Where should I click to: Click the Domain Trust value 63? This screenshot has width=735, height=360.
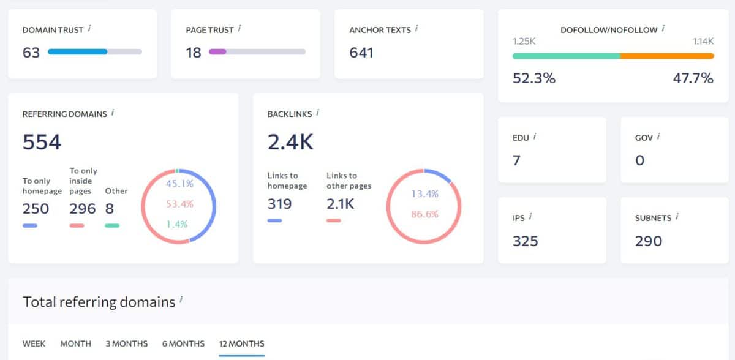point(31,53)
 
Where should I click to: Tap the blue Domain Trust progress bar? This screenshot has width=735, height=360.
point(78,52)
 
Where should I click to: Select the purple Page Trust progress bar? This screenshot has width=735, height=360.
point(217,52)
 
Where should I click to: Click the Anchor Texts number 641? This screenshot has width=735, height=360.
point(361,53)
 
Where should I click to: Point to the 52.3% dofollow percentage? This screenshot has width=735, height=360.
point(533,78)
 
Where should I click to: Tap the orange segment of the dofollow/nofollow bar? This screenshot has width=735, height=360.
point(666,56)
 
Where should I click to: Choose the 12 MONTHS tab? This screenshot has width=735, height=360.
point(241,343)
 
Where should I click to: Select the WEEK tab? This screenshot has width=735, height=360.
point(34,343)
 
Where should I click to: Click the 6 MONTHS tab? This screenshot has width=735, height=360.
point(183,343)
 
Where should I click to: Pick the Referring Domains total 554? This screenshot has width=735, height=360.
point(42,142)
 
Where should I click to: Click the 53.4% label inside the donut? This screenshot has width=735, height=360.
point(179,203)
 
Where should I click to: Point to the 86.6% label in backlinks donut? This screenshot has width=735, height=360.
point(424,214)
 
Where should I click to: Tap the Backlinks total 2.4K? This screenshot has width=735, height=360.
point(290,142)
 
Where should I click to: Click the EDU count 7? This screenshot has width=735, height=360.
point(516,160)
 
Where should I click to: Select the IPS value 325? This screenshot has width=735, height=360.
point(525,241)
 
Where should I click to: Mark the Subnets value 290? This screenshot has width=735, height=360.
point(648,241)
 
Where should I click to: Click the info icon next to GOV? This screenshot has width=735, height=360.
point(658,137)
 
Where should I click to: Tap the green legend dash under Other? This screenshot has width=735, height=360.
point(111,226)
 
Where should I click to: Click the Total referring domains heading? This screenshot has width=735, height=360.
point(99,302)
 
